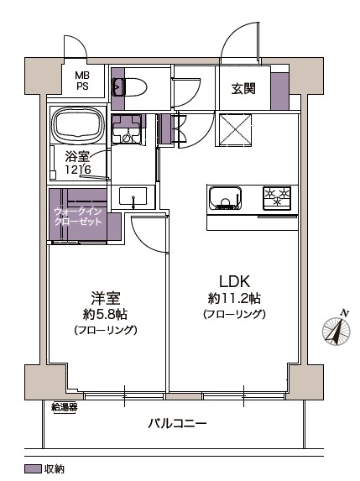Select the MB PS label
point(82,81)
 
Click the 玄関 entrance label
point(243,89)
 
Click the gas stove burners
point(277,198)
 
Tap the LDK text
point(234,281)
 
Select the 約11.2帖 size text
point(234,298)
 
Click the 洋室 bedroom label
point(105,297)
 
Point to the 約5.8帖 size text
point(105,314)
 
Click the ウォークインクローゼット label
point(77,217)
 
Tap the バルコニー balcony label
point(177,424)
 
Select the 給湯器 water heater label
point(65,407)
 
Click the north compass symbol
point(337,330)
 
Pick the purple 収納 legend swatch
point(33,468)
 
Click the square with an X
point(235,129)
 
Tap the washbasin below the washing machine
point(133,197)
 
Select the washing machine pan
point(127,129)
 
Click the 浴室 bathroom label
point(77,157)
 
